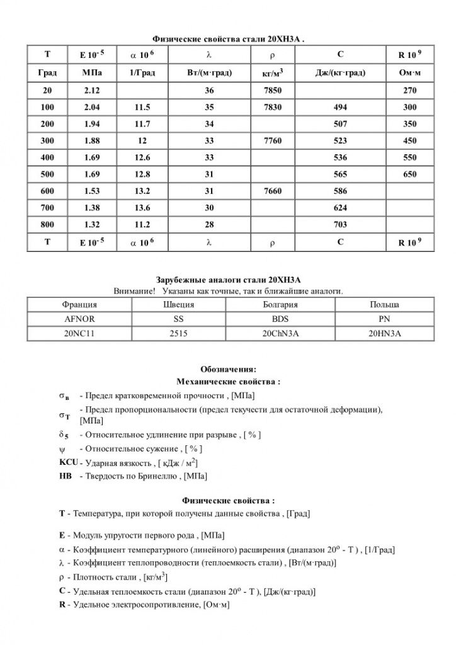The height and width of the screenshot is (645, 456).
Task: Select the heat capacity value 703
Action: pyautogui.click(x=340, y=224)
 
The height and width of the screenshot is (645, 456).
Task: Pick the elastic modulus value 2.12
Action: pyautogui.click(x=92, y=91)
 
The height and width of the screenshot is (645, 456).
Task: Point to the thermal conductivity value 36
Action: pyautogui.click(x=210, y=91)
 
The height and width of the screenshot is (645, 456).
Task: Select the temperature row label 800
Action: pyautogui.click(x=47, y=224)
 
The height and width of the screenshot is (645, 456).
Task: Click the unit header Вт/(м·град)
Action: pyautogui.click(x=210, y=73)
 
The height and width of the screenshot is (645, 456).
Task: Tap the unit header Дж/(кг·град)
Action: pyautogui.click(x=340, y=73)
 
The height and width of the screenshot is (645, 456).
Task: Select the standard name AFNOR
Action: pyautogui.click(x=80, y=319)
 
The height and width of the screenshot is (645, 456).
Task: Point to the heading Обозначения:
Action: pyautogui.click(x=228, y=369)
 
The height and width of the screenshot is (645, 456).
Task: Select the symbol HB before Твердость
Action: pyautogui.click(x=65, y=476)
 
